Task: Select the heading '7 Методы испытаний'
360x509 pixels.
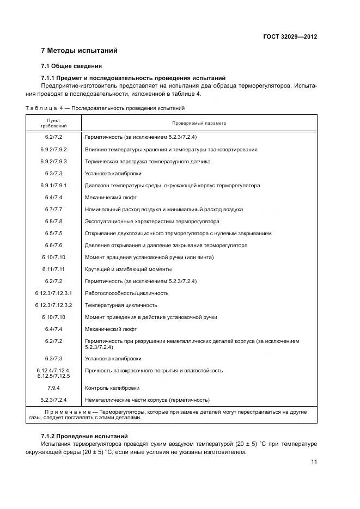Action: pyautogui.click(x=80, y=51)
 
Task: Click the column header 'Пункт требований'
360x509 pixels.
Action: pyautogui.click(x=54, y=123)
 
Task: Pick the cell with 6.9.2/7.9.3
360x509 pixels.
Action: pyautogui.click(x=54, y=162)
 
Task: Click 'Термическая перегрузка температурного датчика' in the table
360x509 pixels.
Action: pyautogui.click(x=148, y=162)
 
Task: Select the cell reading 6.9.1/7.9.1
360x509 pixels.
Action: pyautogui.click(x=54, y=186)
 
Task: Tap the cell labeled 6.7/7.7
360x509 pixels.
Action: pyautogui.click(x=54, y=210)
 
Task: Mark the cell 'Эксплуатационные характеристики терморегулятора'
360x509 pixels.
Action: pyautogui.click(x=152, y=222)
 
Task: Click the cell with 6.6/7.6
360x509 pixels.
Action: pyautogui.click(x=54, y=246)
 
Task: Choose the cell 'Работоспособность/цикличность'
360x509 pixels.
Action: pyautogui.click(x=126, y=293)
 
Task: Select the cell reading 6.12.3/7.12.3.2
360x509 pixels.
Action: pyautogui.click(x=54, y=305)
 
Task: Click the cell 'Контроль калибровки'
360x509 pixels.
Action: pyautogui.click(x=112, y=388)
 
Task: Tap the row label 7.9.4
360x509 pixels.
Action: pyautogui.click(x=54, y=388)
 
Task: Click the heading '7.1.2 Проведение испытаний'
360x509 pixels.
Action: pyautogui.click(x=84, y=437)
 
